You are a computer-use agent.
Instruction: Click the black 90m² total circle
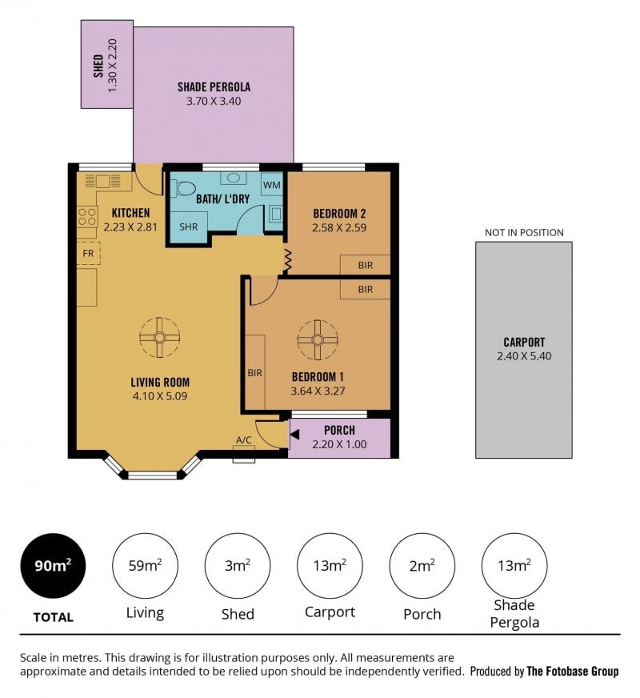coord(53,566)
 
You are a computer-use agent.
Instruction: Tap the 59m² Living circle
coord(145,566)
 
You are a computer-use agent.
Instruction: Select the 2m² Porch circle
coord(422,566)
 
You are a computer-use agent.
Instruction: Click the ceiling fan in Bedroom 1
coord(318,339)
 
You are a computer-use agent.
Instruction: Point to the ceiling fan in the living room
coord(160,337)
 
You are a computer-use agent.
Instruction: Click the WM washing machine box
coord(271,185)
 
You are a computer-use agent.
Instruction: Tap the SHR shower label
coord(189,227)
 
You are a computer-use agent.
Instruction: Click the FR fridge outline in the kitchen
coord(89,253)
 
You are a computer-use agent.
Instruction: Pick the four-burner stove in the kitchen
coord(88,217)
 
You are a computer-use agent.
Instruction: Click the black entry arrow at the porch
coord(294,435)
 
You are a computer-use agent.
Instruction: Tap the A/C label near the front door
coord(244,439)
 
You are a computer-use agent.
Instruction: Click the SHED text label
coord(98,66)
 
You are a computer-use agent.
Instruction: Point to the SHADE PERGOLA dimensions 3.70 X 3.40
coord(214,101)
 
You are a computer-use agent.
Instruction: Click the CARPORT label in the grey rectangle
coord(524,342)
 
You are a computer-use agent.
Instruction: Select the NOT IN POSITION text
coord(524,232)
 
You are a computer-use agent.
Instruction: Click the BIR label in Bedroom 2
coord(366,265)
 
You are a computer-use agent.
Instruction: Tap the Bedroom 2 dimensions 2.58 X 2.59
coord(339,228)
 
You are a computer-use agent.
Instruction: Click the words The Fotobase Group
coord(572,672)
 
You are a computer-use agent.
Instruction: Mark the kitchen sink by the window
coord(102,181)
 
